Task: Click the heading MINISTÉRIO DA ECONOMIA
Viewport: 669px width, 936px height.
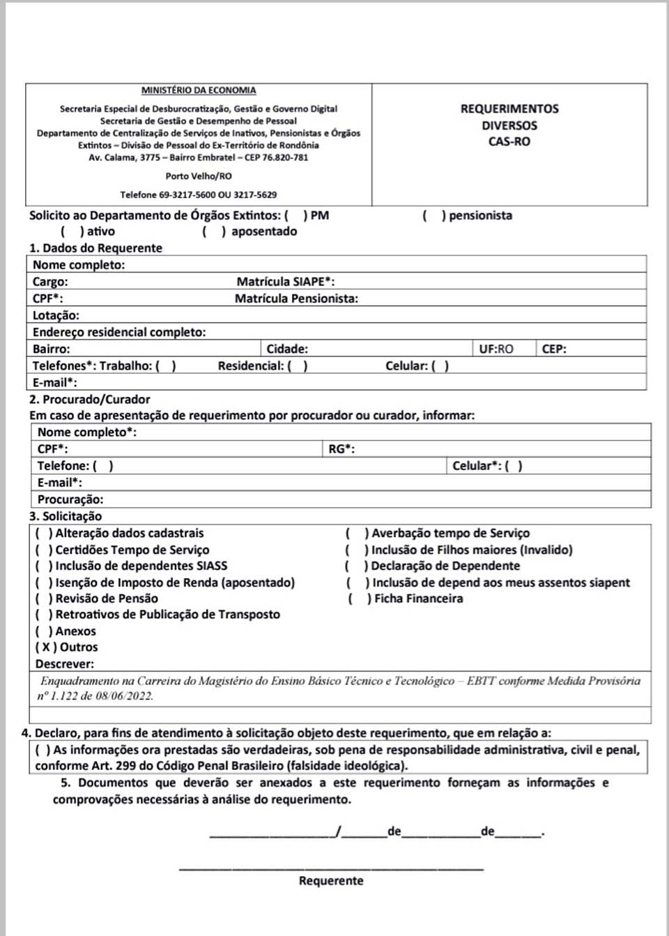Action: (199, 91)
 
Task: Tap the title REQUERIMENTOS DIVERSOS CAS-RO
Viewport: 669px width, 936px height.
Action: (509, 126)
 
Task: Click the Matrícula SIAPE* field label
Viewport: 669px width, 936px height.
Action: (285, 282)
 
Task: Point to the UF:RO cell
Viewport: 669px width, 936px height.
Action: (496, 349)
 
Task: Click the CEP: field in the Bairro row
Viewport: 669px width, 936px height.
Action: (554, 349)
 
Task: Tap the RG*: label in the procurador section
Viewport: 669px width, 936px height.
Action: (341, 449)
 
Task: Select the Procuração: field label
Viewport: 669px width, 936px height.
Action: (70, 499)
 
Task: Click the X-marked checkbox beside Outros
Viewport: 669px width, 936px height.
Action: (46, 647)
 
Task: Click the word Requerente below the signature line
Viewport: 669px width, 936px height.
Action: (331, 881)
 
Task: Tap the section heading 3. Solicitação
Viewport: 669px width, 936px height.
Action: (66, 516)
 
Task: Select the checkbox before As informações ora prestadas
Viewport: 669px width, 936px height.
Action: (43, 750)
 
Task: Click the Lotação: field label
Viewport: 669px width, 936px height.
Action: (56, 315)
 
